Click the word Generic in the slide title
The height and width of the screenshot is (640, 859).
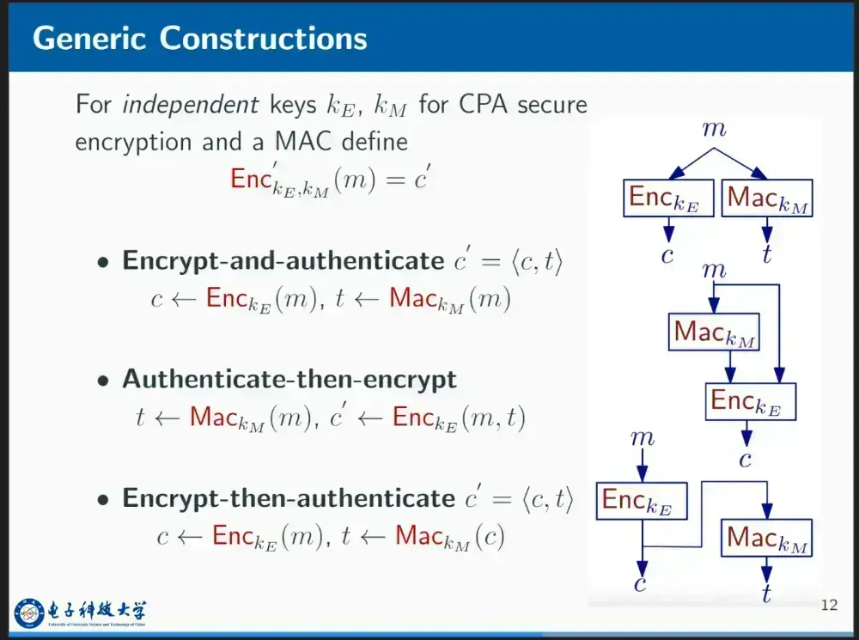click(89, 39)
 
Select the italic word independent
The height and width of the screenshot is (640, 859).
click(191, 104)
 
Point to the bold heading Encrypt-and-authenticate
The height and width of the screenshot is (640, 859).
click(283, 261)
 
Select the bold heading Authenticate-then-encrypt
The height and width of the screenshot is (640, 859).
click(289, 379)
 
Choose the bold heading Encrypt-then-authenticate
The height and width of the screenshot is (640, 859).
click(288, 498)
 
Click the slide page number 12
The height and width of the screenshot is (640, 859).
click(829, 605)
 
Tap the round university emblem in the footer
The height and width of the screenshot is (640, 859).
click(29, 613)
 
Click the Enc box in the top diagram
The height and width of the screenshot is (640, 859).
click(668, 198)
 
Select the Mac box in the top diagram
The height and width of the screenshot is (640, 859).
click(767, 198)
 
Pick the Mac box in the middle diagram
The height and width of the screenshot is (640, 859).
click(714, 332)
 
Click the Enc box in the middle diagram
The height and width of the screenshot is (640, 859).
click(751, 402)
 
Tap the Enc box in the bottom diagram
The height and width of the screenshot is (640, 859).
click(642, 501)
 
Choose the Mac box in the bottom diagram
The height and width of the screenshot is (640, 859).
click(766, 538)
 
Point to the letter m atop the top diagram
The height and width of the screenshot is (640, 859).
click(714, 129)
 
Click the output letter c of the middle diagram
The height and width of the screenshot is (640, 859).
click(745, 460)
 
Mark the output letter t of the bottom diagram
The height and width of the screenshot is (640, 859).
click(767, 593)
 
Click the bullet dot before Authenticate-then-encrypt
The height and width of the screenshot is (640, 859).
click(103, 381)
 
